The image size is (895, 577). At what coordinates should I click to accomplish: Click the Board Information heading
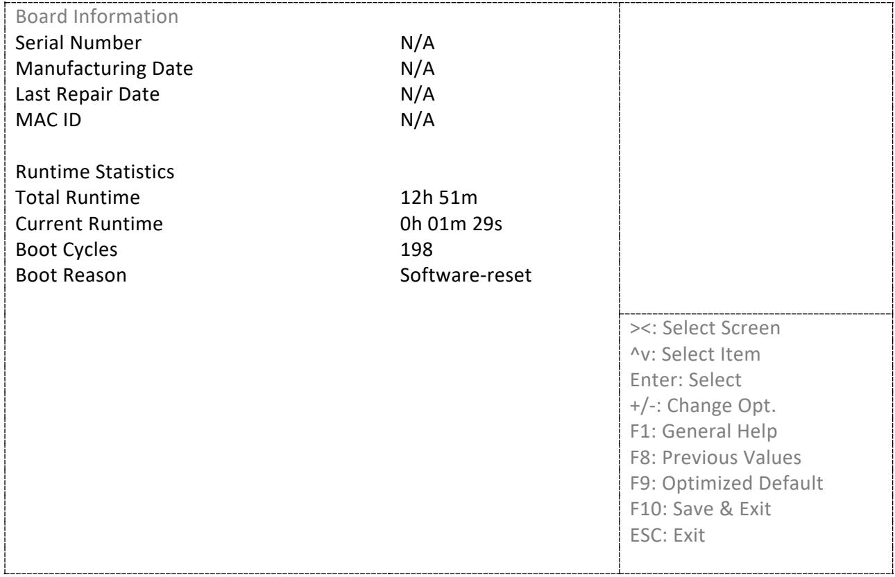point(96,17)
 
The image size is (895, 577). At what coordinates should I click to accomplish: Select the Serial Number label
point(78,43)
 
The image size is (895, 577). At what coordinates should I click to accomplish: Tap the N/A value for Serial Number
point(417,43)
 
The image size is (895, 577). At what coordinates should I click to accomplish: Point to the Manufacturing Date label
point(104,69)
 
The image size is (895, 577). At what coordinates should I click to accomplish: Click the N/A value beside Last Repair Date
point(417,94)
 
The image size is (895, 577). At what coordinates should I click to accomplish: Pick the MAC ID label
point(49,120)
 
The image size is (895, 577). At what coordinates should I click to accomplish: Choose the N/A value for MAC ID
point(417,120)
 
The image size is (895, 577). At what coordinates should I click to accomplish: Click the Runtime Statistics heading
point(94,172)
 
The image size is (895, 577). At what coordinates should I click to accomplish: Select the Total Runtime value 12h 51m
point(438,198)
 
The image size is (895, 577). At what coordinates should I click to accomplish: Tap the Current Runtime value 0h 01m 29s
point(451,223)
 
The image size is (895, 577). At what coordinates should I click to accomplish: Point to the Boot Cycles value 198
point(416,250)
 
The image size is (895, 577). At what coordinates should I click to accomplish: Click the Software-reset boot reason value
point(466,275)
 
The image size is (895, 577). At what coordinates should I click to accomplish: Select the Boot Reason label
point(71,275)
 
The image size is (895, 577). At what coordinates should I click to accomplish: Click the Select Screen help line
point(705,328)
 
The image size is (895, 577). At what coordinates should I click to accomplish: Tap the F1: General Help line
point(704,431)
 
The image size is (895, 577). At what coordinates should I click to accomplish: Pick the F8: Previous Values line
point(715,457)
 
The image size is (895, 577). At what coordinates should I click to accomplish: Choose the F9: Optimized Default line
point(726,483)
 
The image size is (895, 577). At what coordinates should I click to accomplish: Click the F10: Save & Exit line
point(701,509)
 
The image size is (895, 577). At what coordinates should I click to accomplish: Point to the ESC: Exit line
point(667,535)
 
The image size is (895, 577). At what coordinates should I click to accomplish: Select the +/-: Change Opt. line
point(703,406)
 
